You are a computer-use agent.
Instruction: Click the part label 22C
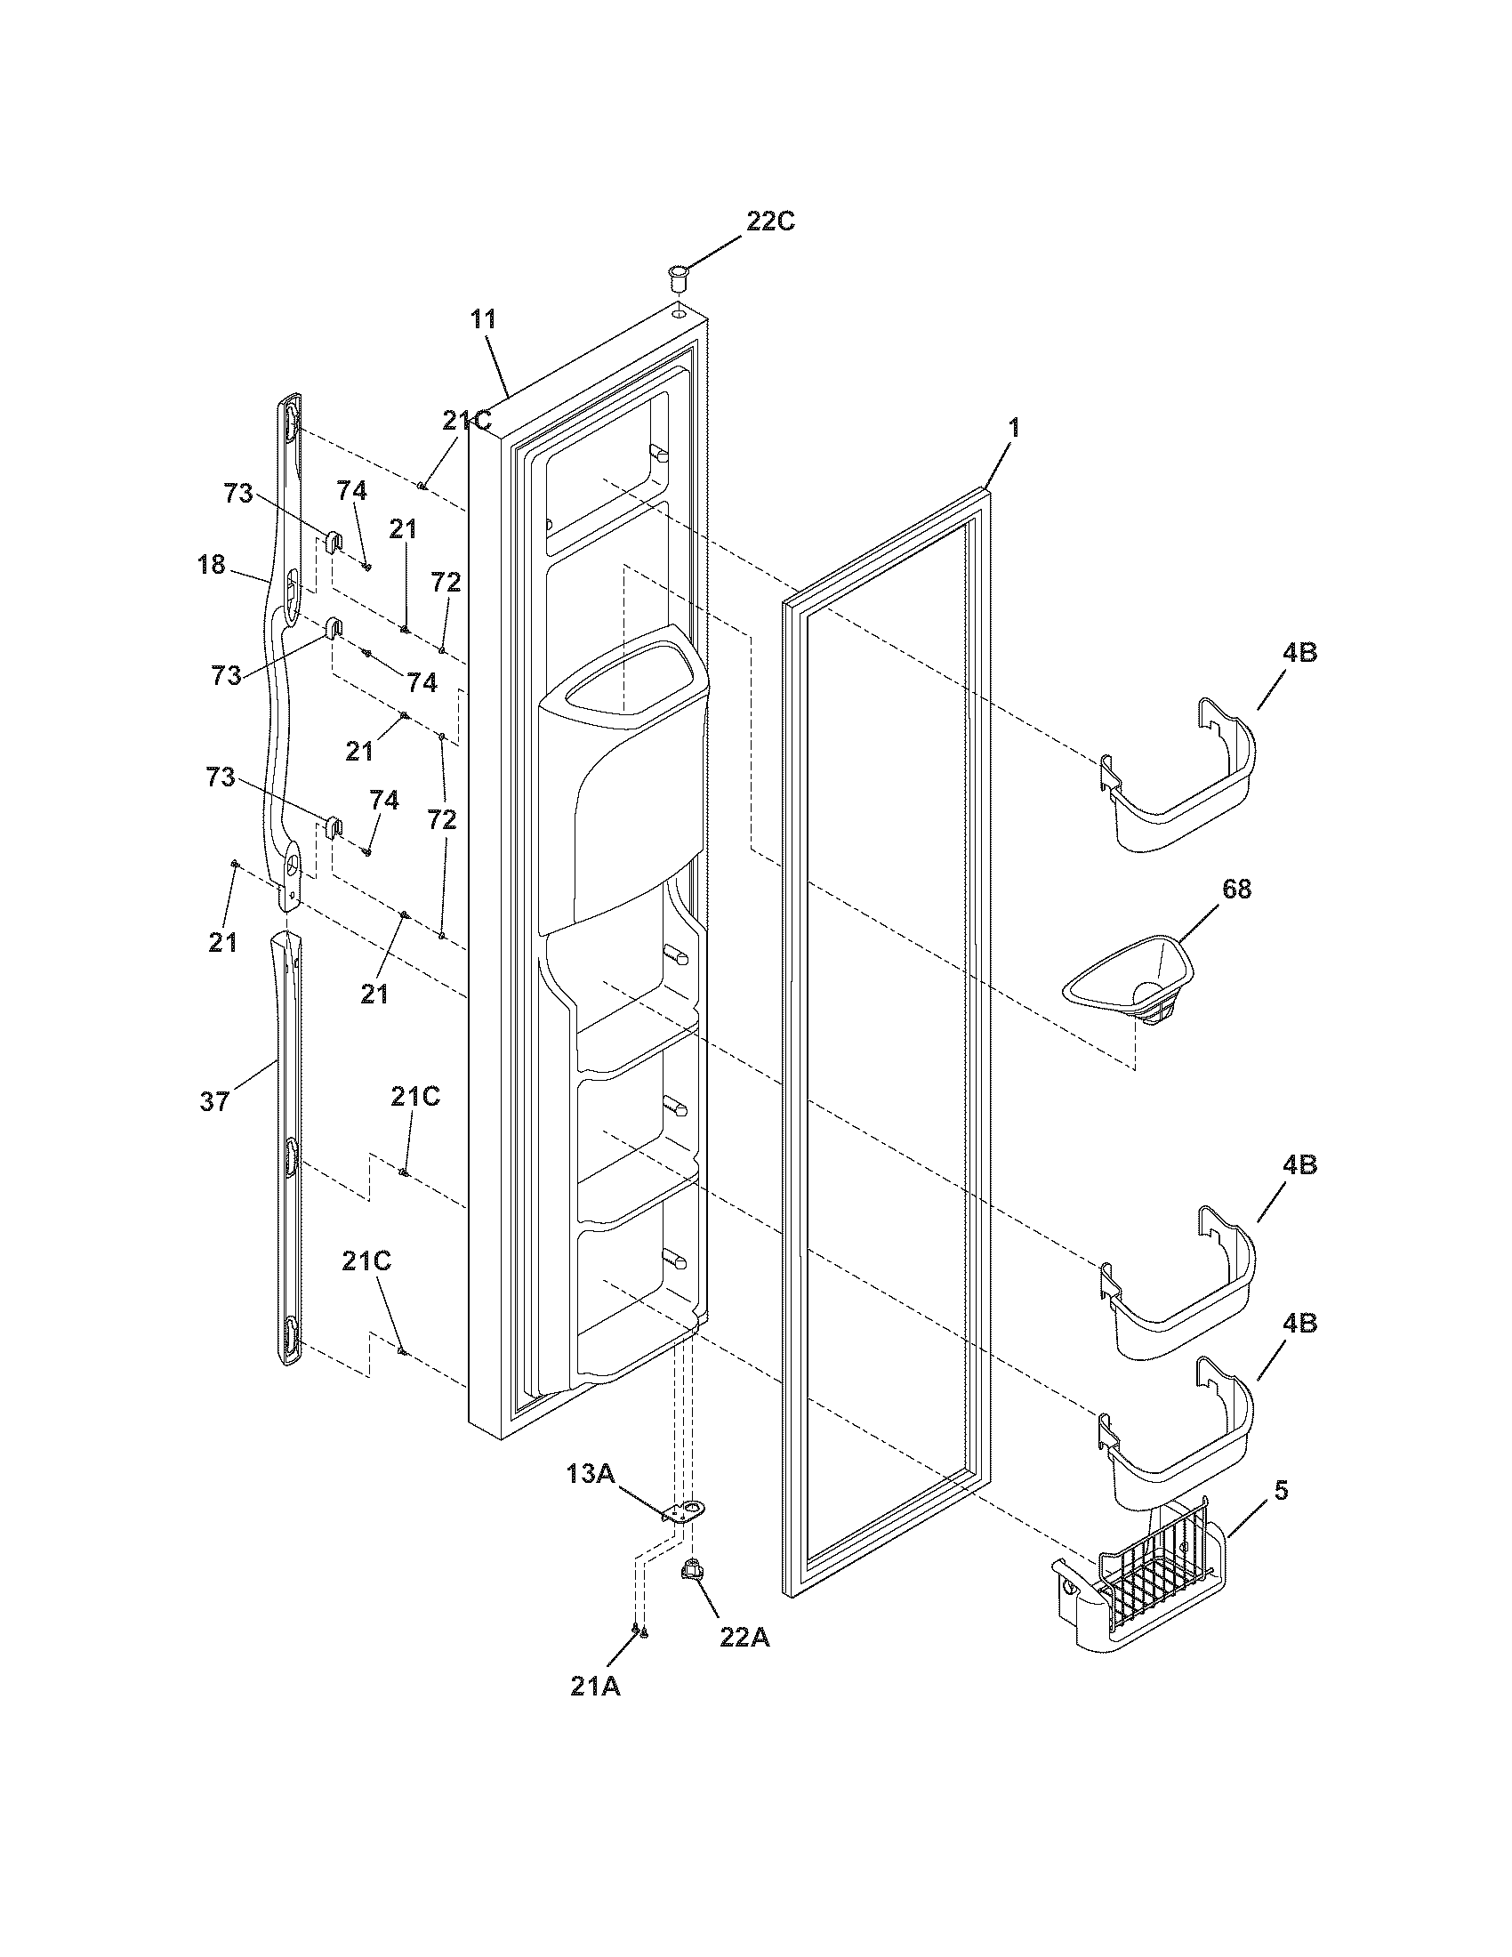770,221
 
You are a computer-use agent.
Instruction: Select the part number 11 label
485,319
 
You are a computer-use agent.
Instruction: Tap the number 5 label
1281,1491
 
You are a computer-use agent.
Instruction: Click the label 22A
744,1637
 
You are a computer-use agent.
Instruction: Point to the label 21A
596,1686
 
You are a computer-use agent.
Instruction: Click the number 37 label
215,1101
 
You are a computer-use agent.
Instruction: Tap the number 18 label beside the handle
212,566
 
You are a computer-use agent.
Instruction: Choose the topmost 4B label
1299,653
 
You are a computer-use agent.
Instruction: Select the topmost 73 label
238,493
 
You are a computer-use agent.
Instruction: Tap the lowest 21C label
366,1260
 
